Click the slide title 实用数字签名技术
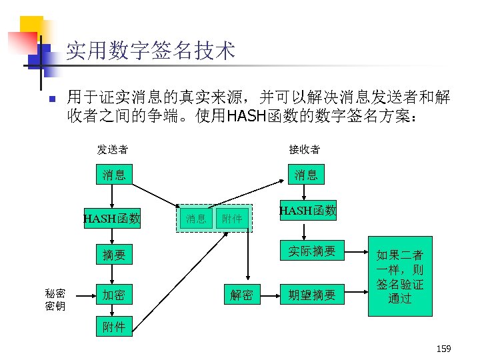click(x=150, y=50)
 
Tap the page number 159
click(x=443, y=349)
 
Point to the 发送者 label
click(x=113, y=149)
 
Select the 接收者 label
click(x=304, y=149)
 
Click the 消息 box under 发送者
click(x=113, y=175)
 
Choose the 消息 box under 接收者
click(x=306, y=175)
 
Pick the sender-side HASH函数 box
click(x=112, y=218)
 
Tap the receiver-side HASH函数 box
click(x=307, y=211)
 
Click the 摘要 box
click(x=113, y=254)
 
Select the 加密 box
click(x=113, y=295)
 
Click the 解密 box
click(x=241, y=295)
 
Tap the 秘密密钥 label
click(x=55, y=299)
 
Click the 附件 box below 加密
click(x=113, y=326)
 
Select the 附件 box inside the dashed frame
click(x=232, y=218)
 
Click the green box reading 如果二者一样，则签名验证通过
click(x=400, y=276)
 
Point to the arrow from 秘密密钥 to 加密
click(x=82, y=295)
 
